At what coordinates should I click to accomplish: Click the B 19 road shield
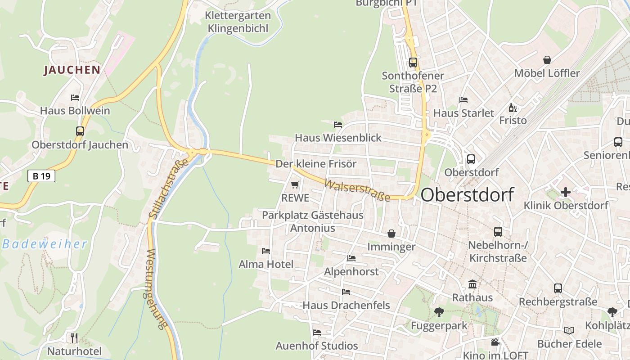click(41, 176)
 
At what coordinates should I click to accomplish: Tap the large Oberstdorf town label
click(467, 195)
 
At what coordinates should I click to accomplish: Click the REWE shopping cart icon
click(295, 184)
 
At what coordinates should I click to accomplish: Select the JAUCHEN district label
click(72, 70)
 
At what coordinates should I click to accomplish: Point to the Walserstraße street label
click(357, 191)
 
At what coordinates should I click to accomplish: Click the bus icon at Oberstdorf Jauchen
click(80, 131)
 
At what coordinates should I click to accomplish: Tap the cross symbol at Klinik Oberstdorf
click(566, 192)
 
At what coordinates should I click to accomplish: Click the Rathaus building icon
click(472, 284)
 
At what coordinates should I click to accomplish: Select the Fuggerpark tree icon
click(439, 312)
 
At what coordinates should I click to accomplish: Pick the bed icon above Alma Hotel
click(266, 251)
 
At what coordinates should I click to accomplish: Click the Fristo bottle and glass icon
click(513, 108)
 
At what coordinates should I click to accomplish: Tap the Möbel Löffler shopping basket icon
click(547, 60)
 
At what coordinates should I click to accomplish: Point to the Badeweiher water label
click(45, 244)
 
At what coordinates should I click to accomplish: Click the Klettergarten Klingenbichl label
click(238, 22)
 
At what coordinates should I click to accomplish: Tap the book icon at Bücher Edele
click(569, 331)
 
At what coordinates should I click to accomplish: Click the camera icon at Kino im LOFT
click(495, 342)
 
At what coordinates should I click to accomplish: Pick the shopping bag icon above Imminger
click(391, 234)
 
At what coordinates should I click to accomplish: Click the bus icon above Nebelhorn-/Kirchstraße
click(498, 232)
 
